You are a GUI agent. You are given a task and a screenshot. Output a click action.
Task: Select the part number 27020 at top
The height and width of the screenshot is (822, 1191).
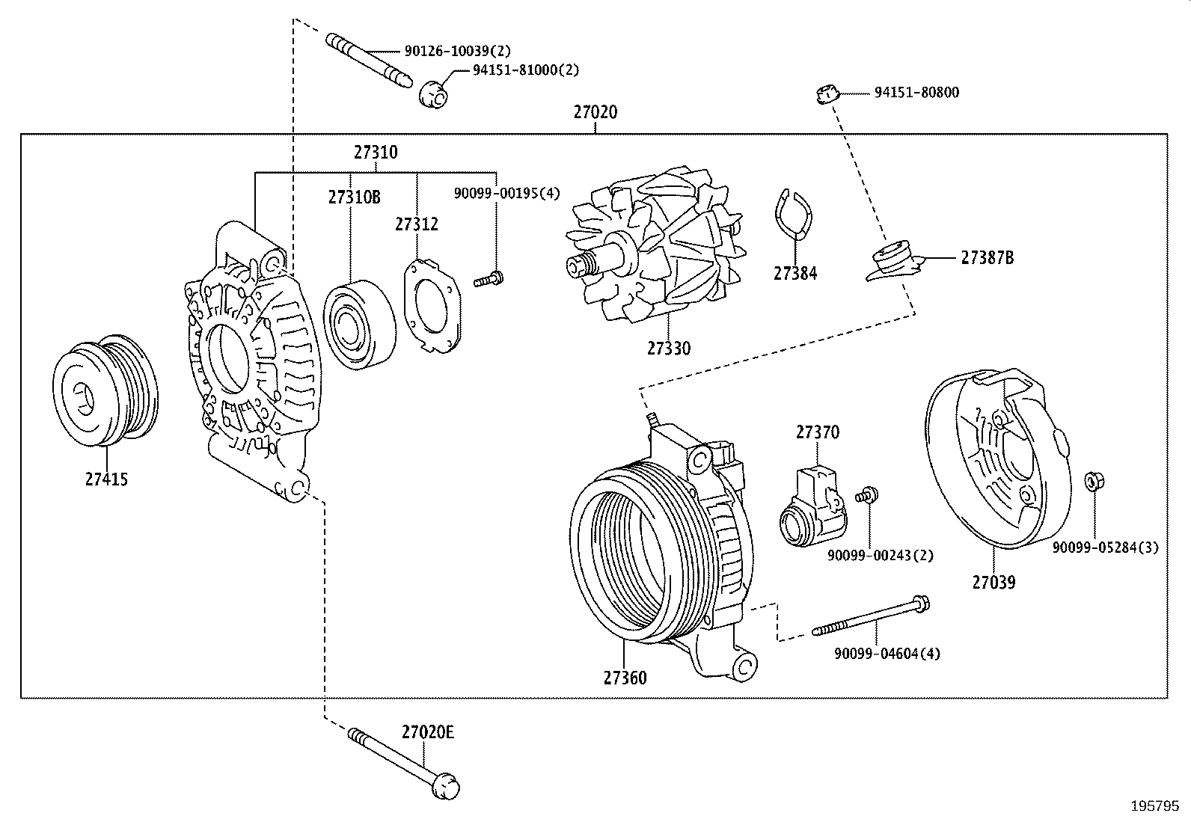click(x=595, y=112)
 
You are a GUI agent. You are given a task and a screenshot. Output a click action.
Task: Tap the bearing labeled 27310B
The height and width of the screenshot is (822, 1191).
click(x=359, y=325)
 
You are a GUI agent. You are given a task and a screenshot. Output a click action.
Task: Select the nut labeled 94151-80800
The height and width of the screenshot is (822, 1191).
click(x=825, y=93)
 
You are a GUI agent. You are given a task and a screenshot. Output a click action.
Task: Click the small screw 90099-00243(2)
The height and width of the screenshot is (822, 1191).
click(x=869, y=494)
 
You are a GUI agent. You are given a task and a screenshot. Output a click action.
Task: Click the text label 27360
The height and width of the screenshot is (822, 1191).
click(x=625, y=678)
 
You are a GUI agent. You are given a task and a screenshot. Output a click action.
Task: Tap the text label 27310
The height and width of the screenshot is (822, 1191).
click(x=376, y=153)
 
